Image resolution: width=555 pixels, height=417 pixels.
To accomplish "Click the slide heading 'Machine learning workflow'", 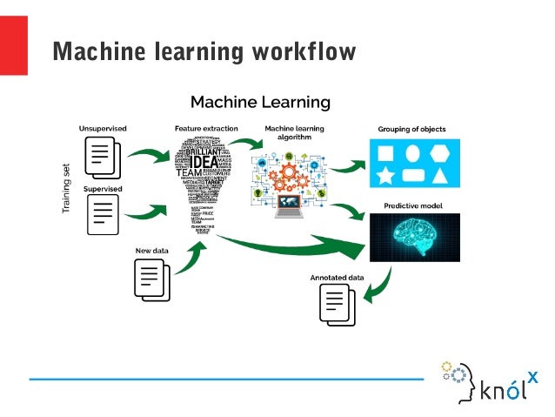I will (204, 51).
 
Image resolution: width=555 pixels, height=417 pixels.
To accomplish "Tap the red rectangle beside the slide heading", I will (13, 45).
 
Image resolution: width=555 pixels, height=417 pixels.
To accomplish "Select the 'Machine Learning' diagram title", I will (260, 102).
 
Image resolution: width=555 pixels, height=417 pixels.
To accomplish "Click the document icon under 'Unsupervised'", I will (102, 158).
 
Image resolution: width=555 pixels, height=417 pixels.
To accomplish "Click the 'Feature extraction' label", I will (205, 128).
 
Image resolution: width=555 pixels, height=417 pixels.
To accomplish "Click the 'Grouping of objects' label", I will (411, 129).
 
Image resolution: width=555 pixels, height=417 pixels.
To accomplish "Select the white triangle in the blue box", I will (439, 178).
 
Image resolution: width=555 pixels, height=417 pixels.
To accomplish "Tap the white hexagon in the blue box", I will (439, 155).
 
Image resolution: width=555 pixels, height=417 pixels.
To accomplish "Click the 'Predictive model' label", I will (411, 205).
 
